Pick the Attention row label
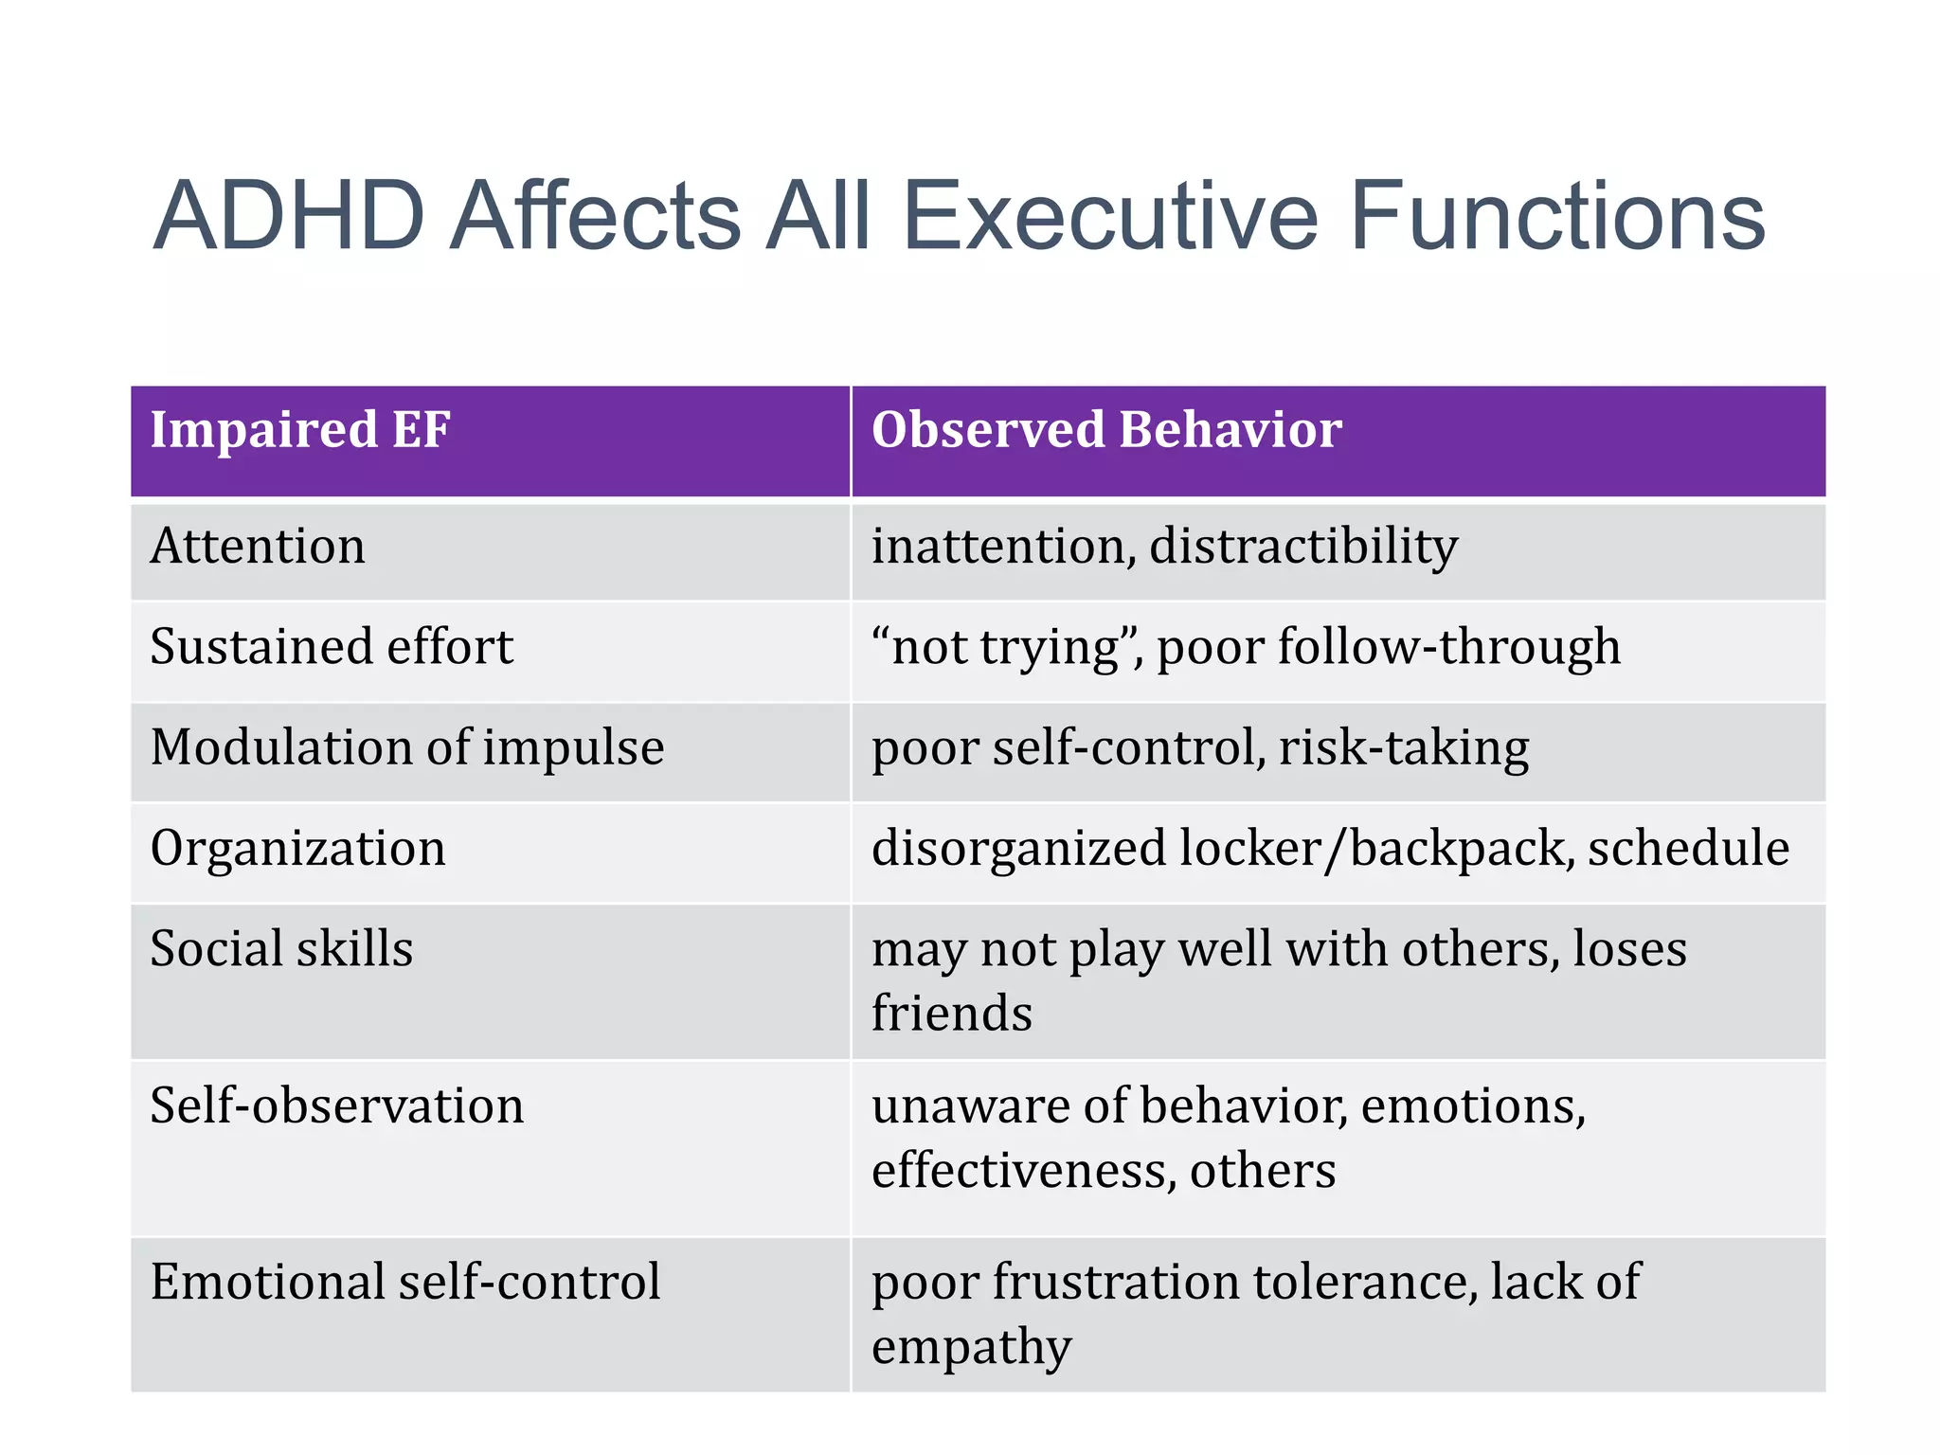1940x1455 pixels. [x=258, y=547]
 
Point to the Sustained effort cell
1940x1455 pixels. [x=332, y=647]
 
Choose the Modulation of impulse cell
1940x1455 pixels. [x=407, y=747]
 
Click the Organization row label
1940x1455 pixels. [x=297, y=848]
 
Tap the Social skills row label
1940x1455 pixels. [x=281, y=948]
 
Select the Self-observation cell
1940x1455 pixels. [x=336, y=1105]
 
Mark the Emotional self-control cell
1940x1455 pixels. [x=404, y=1282]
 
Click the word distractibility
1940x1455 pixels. [x=1302, y=547]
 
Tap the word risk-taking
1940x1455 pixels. [x=1403, y=747]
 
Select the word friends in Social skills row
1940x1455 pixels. [x=951, y=1013]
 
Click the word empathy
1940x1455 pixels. [x=971, y=1347]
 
